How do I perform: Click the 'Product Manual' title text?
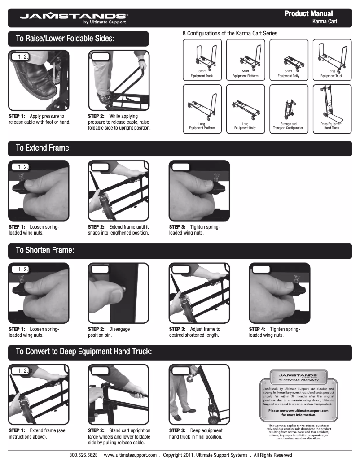point(308,14)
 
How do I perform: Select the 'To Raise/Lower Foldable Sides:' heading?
point(65,39)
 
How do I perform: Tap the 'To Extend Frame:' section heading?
point(43,148)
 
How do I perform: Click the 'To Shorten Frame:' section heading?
point(45,250)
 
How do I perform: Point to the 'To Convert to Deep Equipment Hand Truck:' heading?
point(84,352)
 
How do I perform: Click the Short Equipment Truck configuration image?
point(202,60)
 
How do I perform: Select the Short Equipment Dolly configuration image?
point(288,60)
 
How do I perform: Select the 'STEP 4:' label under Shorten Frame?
point(257,329)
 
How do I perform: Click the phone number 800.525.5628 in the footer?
point(83,455)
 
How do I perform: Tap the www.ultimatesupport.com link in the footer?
point(130,455)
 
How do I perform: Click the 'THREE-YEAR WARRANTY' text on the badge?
point(299,380)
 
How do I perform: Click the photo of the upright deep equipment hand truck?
point(199,395)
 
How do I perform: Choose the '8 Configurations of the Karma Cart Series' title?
point(230,33)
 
